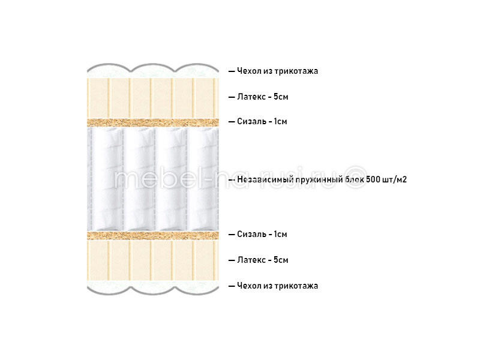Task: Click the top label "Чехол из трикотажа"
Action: [277, 71]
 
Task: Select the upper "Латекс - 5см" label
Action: [263, 97]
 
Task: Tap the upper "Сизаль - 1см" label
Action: [262, 121]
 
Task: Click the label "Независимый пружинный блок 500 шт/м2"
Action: [322, 179]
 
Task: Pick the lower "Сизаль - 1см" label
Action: [262, 234]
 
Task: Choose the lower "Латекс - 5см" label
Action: [263, 260]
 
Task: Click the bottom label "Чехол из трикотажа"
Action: [277, 286]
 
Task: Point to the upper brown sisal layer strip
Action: [153, 122]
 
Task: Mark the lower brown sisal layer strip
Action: [153, 235]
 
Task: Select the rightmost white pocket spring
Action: [203, 179]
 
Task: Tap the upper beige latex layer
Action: [153, 98]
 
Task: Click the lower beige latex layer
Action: [153, 260]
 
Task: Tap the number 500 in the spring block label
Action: [373, 179]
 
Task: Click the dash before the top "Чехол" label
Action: [232, 71]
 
